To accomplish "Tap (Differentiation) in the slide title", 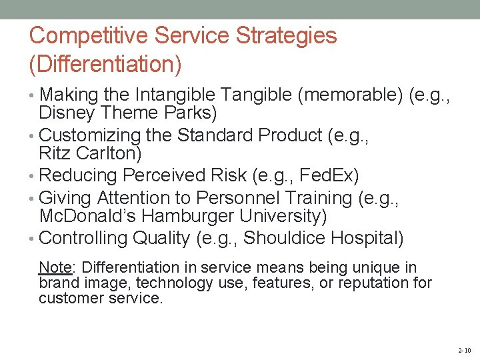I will [x=105, y=65].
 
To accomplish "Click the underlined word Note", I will [x=55, y=268].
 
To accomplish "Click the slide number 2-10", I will [x=464, y=350].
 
